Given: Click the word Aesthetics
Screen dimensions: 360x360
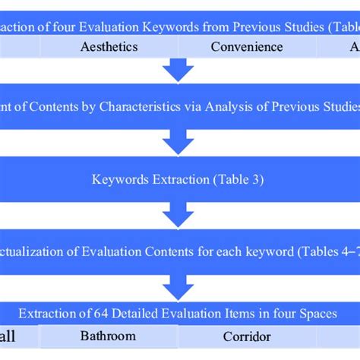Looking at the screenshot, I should tap(109, 46).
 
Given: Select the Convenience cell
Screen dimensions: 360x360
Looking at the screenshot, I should tap(247, 46).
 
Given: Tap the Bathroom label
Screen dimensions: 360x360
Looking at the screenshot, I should tap(108, 335).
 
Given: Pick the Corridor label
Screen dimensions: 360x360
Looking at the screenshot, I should tap(247, 335).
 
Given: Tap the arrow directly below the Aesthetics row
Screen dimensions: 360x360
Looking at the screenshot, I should tap(179, 71).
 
